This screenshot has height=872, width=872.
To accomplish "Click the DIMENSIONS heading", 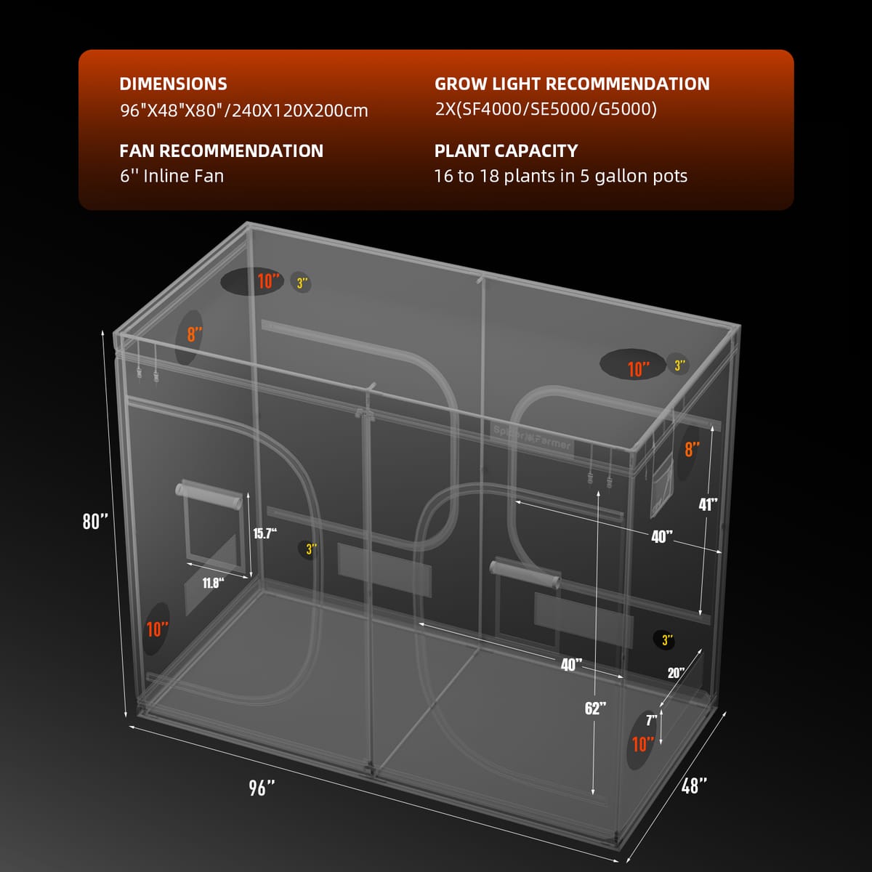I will click(173, 84).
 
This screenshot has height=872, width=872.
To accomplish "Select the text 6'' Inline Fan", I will click(171, 176).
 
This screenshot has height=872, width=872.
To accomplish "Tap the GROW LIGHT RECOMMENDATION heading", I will click(572, 84).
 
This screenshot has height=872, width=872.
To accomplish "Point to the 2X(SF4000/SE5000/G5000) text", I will click(545, 109).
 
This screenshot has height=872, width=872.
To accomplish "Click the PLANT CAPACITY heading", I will click(506, 151).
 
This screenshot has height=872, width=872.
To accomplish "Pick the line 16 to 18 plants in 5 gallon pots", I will click(560, 176).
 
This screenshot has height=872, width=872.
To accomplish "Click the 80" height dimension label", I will click(95, 521).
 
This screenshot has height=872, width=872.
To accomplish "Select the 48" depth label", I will click(693, 786).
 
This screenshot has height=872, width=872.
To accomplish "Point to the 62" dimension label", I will click(595, 708).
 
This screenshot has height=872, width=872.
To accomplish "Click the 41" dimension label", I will click(708, 504).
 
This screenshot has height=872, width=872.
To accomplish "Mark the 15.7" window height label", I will click(265, 533).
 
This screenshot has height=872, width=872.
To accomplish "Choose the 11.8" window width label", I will click(213, 583).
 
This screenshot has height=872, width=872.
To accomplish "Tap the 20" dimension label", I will click(676, 673).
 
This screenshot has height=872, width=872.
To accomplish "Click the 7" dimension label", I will click(651, 720).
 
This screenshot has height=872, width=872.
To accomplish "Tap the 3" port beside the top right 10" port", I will click(679, 366).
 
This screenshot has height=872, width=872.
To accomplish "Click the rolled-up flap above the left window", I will click(209, 495).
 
